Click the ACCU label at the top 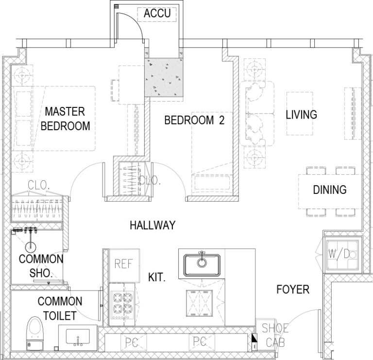pos(157,13)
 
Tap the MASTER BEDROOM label pos(65,119)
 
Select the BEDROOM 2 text pos(194,120)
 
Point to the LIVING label pos(301,115)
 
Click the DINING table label pos(329,189)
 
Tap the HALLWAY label pos(152,225)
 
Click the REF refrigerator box pos(124,264)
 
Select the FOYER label pos(292,290)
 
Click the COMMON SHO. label pos(41,266)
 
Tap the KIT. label pos(158,277)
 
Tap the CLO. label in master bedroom pos(37,185)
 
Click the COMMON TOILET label pos(57,309)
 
